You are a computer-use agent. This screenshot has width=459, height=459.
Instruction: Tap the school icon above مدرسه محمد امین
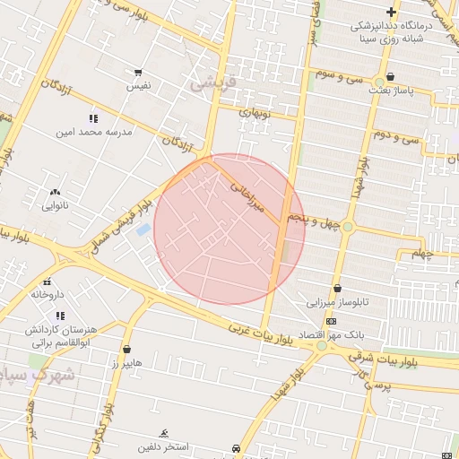pyautogui.click(x=93, y=118)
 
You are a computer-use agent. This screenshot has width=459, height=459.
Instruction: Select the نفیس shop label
pyautogui.click(x=137, y=85)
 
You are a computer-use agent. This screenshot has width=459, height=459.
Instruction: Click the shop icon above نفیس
pyautogui.click(x=137, y=73)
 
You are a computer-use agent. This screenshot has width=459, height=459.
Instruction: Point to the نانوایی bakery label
pyautogui.click(x=55, y=205)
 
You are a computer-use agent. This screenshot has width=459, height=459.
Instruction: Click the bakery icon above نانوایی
pyautogui.click(x=56, y=192)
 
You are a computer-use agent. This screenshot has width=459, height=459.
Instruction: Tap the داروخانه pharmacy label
pyautogui.click(x=48, y=293)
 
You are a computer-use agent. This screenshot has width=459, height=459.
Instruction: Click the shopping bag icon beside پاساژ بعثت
pyautogui.click(x=391, y=77)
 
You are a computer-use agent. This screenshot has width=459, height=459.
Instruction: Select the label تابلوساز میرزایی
pyautogui.click(x=339, y=302)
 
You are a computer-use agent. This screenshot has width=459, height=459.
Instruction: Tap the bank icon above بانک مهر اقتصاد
pyautogui.click(x=332, y=321)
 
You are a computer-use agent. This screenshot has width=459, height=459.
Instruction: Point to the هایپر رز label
pyautogui.click(x=126, y=363)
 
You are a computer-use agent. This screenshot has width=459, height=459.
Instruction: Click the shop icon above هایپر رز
pyautogui.click(x=126, y=350)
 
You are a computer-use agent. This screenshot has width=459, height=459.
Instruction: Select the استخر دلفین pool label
pyautogui.click(x=163, y=446)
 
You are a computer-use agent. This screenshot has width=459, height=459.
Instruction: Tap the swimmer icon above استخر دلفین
pyautogui.click(x=163, y=433)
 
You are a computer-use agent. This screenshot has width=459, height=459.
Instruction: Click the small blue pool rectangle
pyautogui.click(x=143, y=229)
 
